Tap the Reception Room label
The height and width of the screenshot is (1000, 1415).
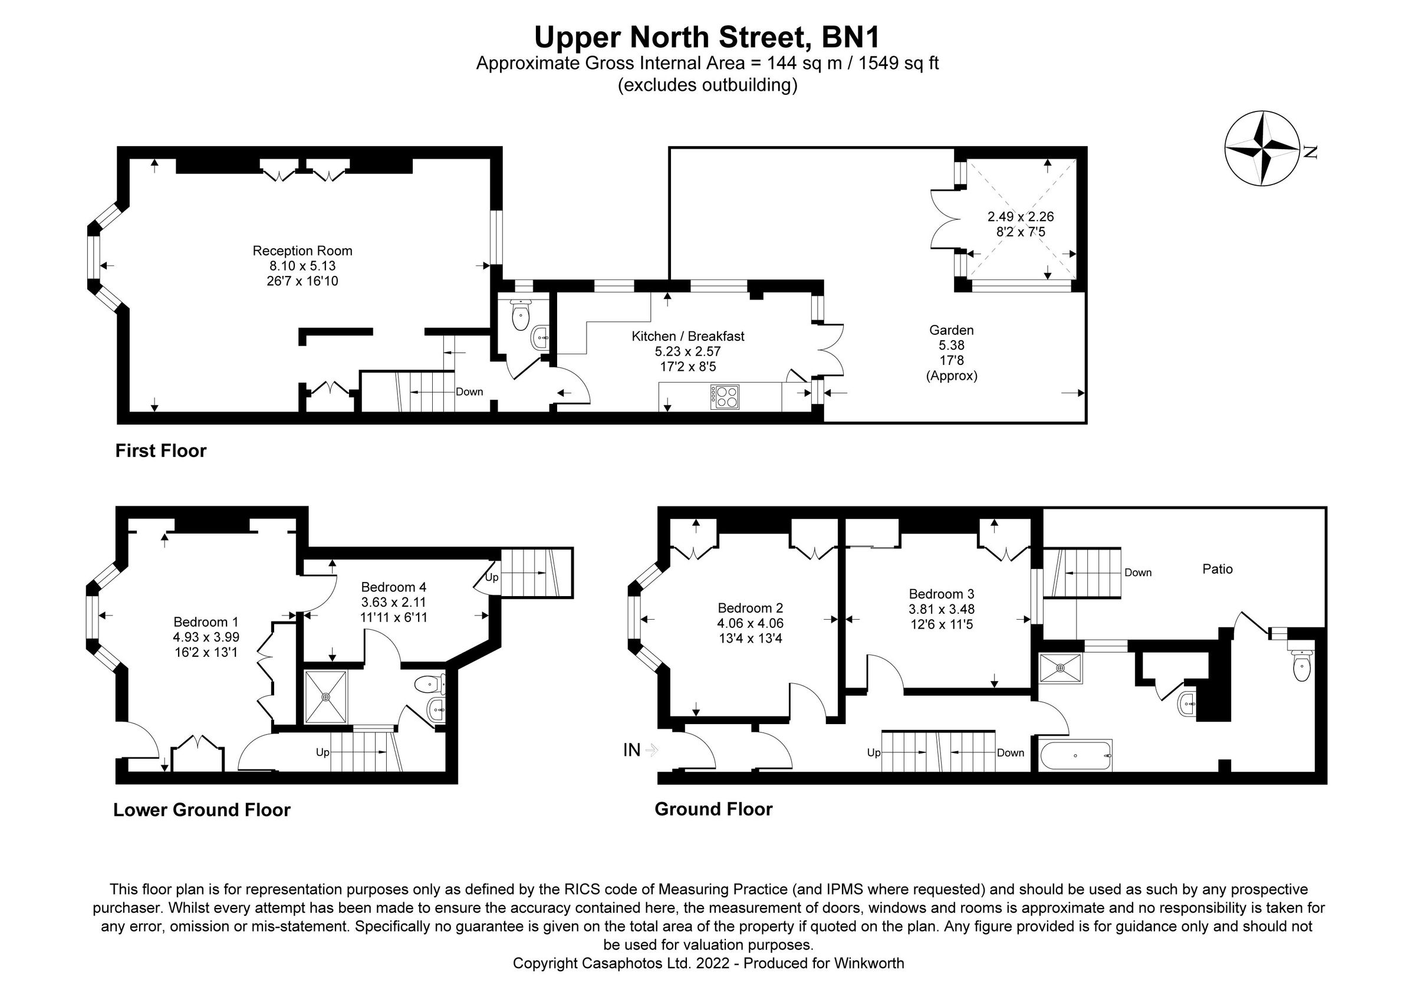coord(302,251)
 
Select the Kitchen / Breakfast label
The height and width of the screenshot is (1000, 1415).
coord(688,337)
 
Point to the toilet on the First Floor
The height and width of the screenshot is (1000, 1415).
coord(521,315)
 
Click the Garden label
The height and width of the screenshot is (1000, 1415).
coord(952,330)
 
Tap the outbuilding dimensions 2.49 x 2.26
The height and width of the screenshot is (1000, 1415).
coord(1021,217)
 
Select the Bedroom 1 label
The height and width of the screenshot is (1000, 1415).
coord(206,622)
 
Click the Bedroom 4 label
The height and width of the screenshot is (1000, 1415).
coord(393,587)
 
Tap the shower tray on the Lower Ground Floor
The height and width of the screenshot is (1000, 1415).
coord(326,697)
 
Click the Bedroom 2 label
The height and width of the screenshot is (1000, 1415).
coord(750,608)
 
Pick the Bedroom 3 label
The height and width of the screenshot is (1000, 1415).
coord(941,594)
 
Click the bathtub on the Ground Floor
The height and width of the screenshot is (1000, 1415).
coord(1075,755)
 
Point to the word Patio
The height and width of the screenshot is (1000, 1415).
coord(1217,570)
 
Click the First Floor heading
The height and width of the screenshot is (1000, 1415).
coord(161,451)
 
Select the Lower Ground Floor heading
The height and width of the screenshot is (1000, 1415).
coord(202,810)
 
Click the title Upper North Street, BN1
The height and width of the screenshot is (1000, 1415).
coord(707,37)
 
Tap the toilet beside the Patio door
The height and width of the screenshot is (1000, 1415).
coord(1301,666)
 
